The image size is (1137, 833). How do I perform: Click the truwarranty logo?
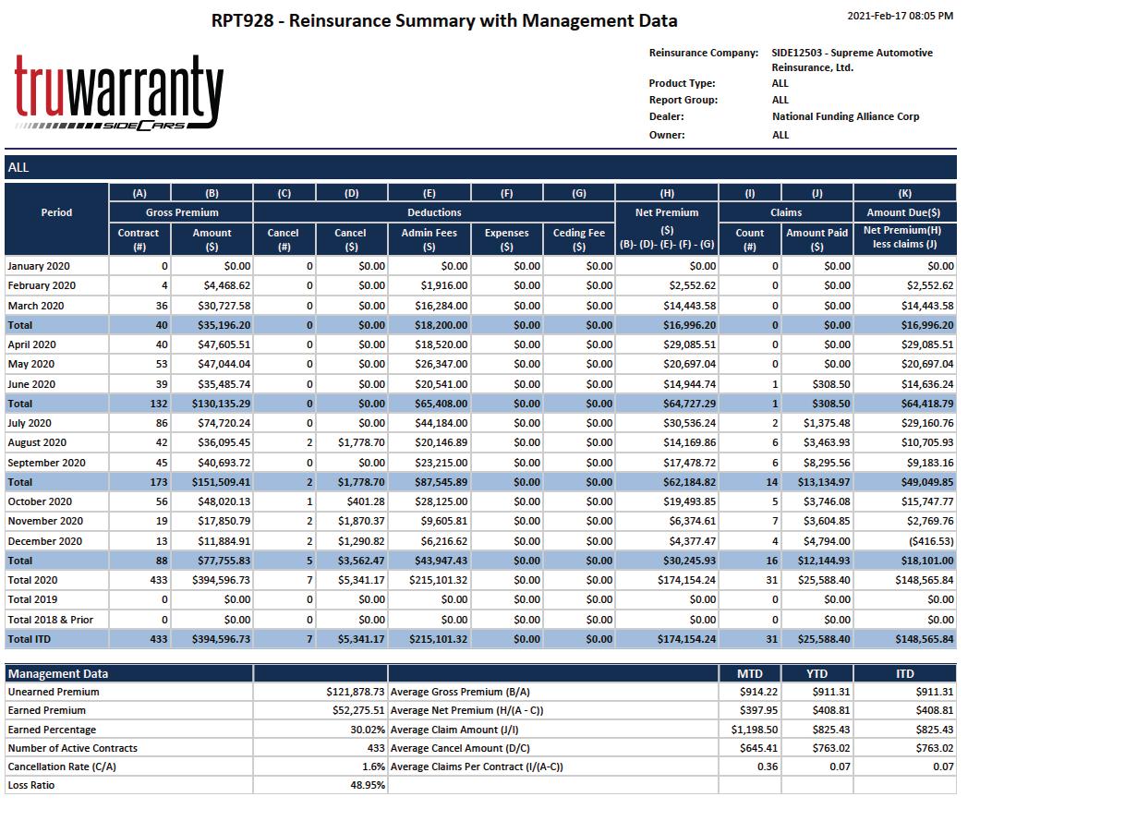coord(118,92)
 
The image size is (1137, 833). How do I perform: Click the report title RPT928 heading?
coord(444,20)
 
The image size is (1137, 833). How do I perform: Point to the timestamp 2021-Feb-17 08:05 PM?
coord(900,16)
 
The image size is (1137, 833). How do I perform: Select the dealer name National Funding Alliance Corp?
coord(845,116)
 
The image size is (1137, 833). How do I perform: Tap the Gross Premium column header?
coord(182,212)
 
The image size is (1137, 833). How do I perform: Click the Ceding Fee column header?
coord(578,239)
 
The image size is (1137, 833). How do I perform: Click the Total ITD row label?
coord(30,639)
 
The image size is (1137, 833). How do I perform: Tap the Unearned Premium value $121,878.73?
coord(355,692)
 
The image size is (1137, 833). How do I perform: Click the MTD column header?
coord(749,673)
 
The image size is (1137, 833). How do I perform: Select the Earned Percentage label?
coord(52,730)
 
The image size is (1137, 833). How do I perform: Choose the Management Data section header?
coord(58,673)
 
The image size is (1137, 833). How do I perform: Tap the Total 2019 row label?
coord(32,599)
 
